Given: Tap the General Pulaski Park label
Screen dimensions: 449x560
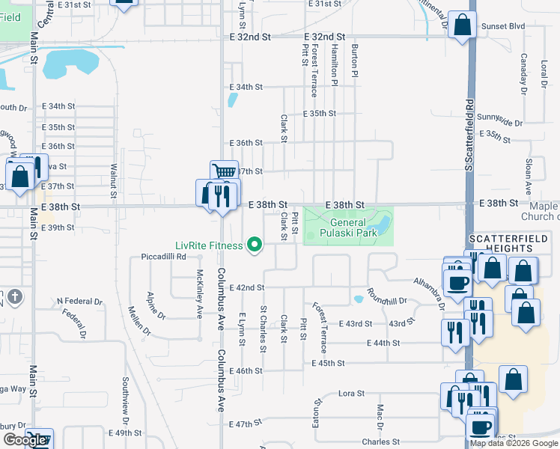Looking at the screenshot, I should coord(347,227).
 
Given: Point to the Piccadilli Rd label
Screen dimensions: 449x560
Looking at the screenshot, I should coord(163,257).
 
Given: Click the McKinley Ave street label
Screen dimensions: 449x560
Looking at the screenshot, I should coord(200,294).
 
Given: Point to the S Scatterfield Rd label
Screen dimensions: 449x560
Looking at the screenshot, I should coord(469,134).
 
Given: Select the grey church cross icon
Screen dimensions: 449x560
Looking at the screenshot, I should coord(15,297).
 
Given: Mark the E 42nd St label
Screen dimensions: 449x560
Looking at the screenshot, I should coord(247,287).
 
